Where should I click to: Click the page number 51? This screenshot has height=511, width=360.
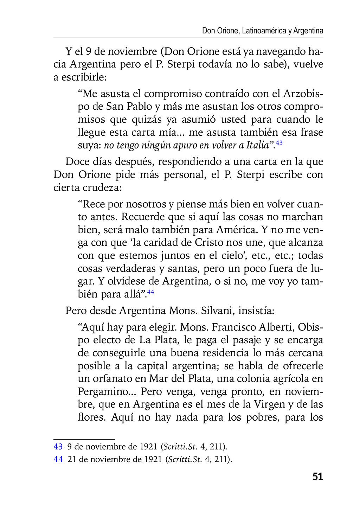(317, 477)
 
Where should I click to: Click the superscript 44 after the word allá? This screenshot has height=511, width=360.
(150, 292)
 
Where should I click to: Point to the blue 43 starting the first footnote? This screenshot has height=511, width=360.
(58, 447)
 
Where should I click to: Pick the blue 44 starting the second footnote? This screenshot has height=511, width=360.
(58, 459)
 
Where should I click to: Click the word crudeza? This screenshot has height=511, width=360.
(102, 188)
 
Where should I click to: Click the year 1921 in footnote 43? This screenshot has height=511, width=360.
(148, 447)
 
